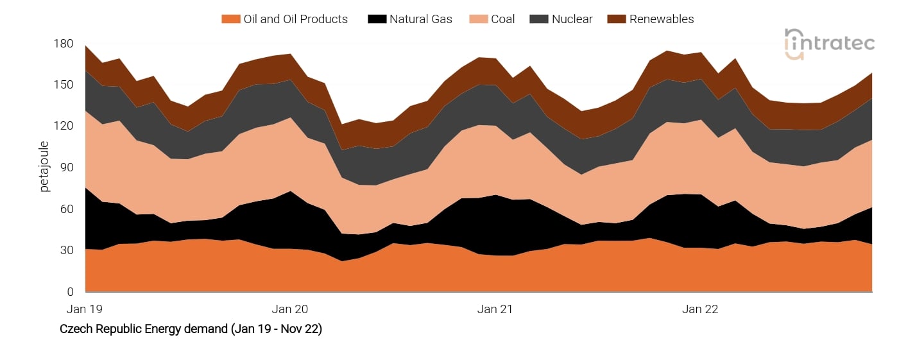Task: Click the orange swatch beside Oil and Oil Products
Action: click(230, 19)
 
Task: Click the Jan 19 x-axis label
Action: click(85, 309)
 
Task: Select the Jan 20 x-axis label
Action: click(290, 309)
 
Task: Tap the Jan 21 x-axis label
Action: click(495, 309)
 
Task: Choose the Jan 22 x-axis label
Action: click(700, 309)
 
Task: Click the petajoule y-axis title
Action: click(44, 167)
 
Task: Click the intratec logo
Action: click(829, 43)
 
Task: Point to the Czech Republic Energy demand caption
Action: click(191, 329)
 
